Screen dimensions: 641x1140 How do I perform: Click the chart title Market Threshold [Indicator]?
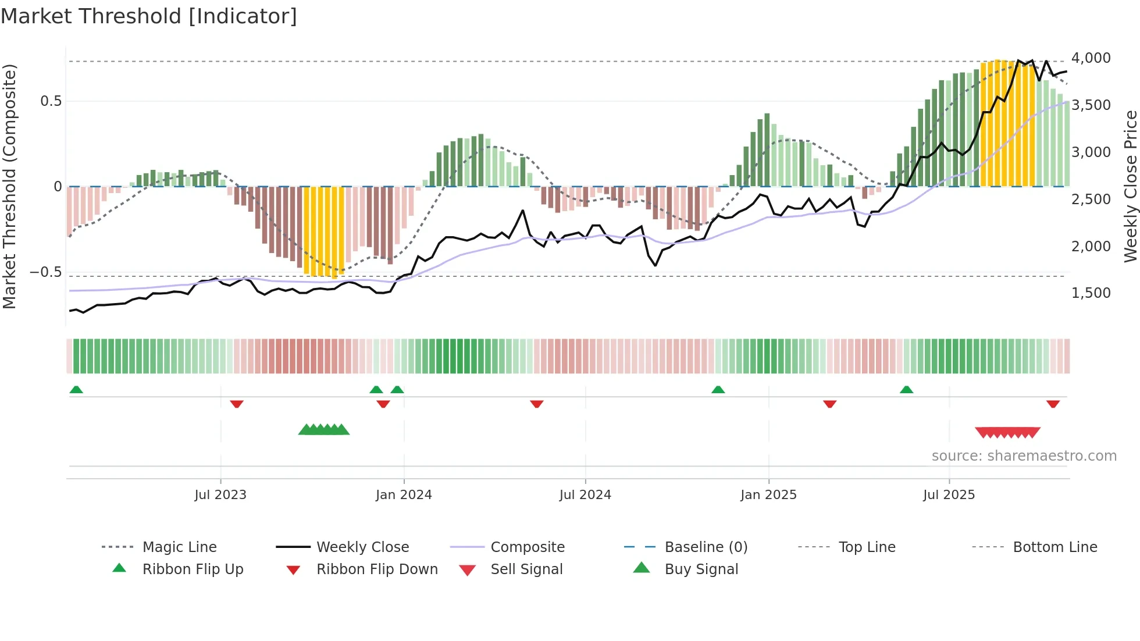click(149, 16)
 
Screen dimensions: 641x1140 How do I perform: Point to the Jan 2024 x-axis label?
click(404, 495)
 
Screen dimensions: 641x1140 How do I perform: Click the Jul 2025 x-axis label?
click(949, 495)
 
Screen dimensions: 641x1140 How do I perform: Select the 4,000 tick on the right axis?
click(1091, 58)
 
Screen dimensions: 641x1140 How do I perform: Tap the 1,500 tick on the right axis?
click(1091, 293)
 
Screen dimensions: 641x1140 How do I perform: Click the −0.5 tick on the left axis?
click(45, 272)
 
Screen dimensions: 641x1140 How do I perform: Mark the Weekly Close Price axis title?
click(1130, 186)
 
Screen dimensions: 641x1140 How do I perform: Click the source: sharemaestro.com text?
click(1024, 456)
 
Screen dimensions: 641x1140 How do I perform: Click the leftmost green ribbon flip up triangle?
click(76, 390)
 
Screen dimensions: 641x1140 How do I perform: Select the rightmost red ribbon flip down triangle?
click(1053, 404)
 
